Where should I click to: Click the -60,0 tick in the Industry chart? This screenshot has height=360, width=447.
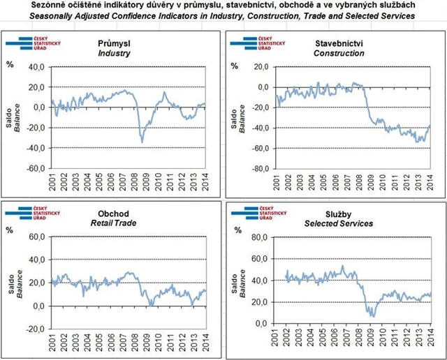pos(36,168)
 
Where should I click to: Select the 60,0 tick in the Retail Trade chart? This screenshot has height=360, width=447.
pos(36,238)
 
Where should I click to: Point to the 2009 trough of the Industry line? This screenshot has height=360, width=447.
pos(142,142)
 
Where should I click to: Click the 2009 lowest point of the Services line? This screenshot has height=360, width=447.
pos(373,317)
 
